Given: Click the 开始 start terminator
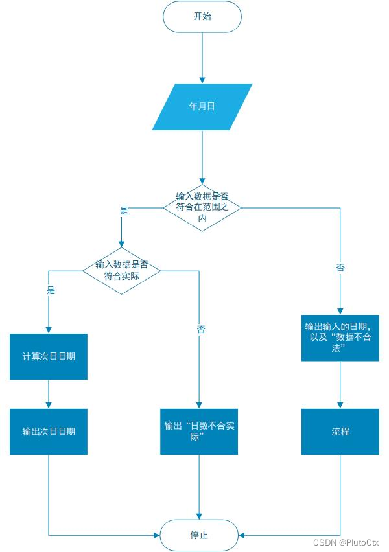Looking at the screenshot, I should (202, 17).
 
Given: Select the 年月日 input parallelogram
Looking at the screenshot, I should (202, 106).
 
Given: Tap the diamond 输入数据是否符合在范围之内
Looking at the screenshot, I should (202, 207).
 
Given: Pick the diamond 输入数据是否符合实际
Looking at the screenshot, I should (121, 270).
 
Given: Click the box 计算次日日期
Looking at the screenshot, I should (49, 356).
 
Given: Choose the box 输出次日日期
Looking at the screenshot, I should (49, 431).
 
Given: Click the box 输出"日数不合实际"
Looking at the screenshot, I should (199, 431).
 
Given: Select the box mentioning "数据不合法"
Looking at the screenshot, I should (340, 338).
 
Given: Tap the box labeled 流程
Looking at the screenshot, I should (340, 431).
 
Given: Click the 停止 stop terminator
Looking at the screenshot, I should (199, 535).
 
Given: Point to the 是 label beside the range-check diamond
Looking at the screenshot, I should (124, 211).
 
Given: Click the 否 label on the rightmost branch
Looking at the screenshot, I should (340, 268).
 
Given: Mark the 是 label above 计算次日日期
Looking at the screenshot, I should (51, 290).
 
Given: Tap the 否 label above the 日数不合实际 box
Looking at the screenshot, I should (201, 330).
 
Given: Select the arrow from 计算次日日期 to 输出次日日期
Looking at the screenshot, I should (49, 394).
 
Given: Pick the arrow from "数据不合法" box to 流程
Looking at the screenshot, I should (340, 385).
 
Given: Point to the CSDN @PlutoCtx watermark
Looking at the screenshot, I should (346, 542).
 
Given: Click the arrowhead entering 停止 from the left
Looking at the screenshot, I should (156, 535).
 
